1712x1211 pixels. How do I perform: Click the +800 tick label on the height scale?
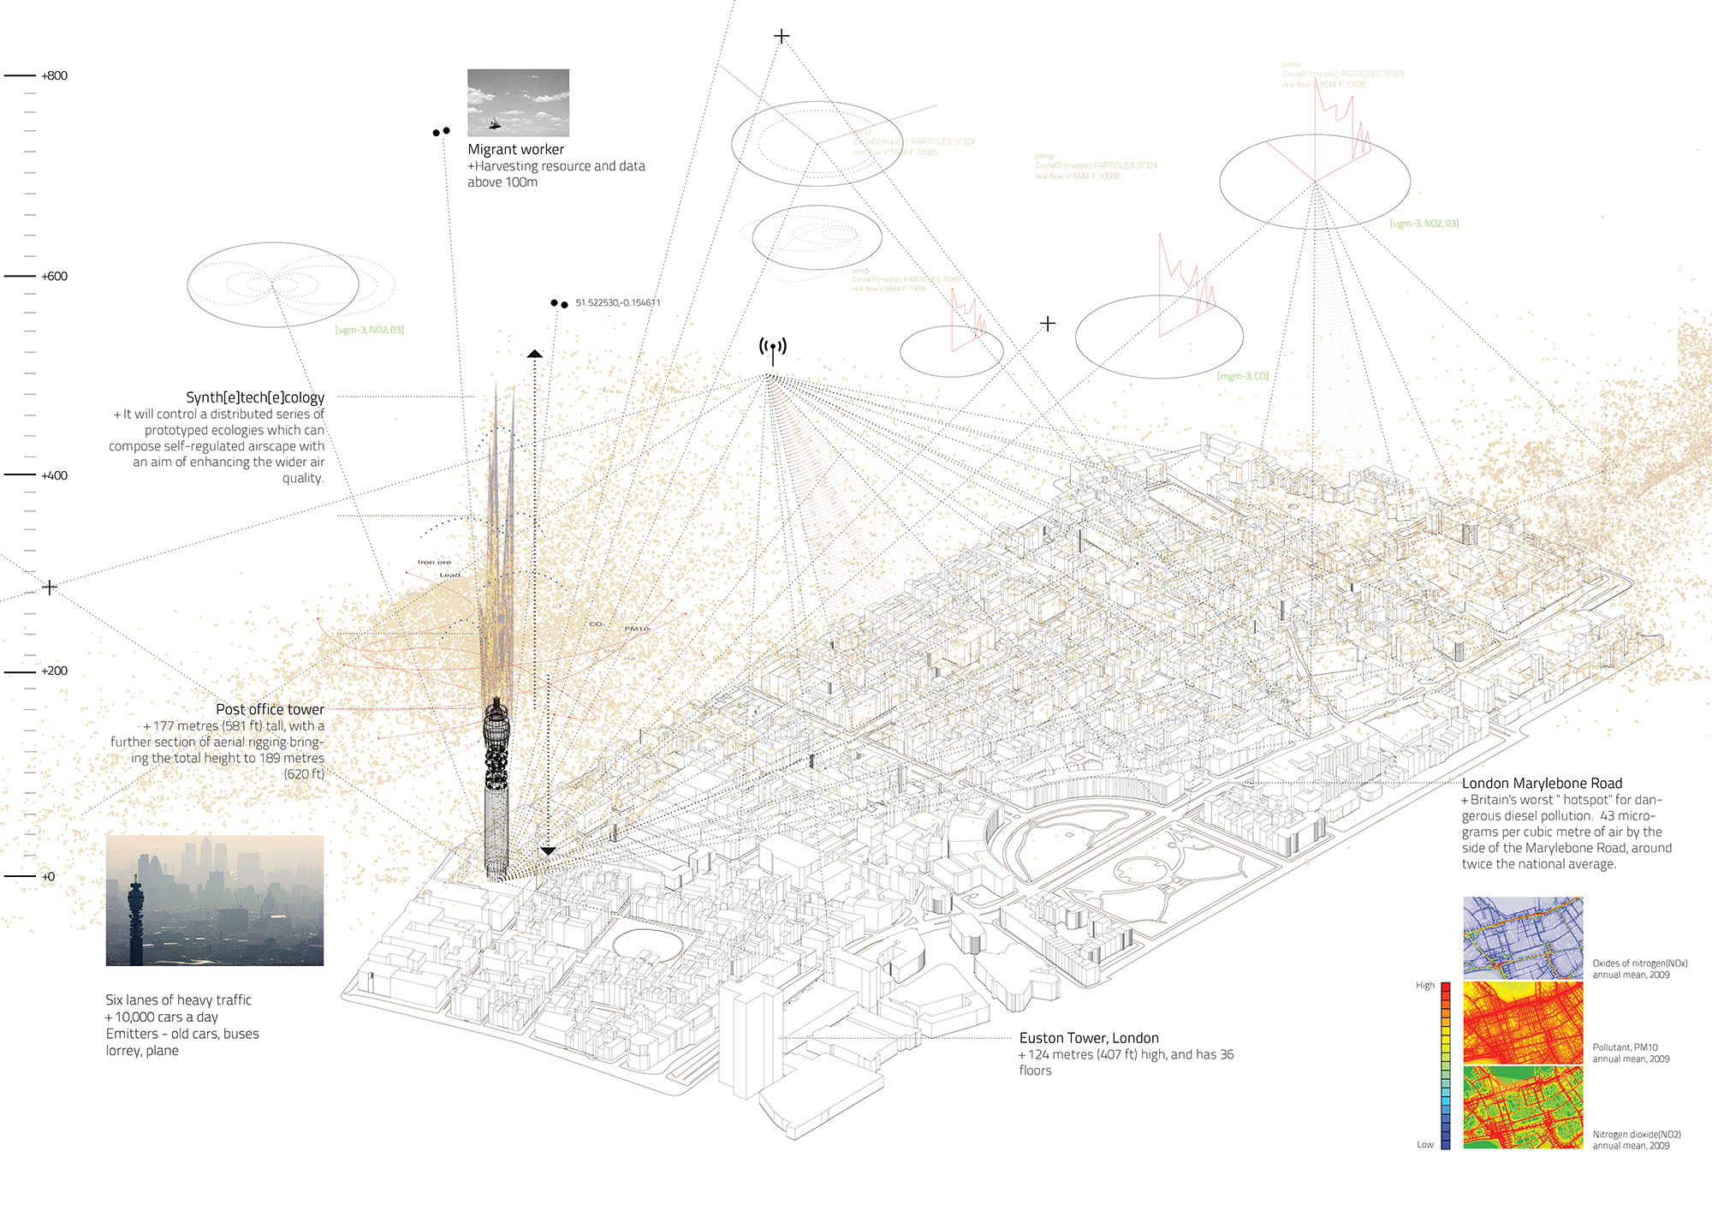[55, 76]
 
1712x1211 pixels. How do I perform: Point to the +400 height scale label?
[55, 476]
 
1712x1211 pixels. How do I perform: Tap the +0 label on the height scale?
[48, 877]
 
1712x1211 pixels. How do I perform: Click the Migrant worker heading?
[515, 150]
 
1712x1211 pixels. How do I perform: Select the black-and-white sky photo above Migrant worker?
[518, 103]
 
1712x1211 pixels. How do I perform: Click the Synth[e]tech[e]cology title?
[255, 397]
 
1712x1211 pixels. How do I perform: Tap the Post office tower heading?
[270, 710]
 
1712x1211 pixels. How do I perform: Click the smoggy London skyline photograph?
[215, 901]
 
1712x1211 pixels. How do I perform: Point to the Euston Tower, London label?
[1089, 1038]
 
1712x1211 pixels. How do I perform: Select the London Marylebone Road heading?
[1542, 784]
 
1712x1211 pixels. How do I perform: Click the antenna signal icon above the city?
[773, 349]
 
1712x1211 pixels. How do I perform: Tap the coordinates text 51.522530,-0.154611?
[618, 303]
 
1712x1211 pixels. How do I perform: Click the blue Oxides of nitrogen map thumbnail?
[1523, 938]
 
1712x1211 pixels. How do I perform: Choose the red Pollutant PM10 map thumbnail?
[1523, 1023]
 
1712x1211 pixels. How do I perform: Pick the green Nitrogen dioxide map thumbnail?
[1523, 1107]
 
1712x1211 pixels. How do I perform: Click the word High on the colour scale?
[1424, 986]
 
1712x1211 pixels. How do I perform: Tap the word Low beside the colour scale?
[1424, 1145]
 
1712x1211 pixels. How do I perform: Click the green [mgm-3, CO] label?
[1242, 377]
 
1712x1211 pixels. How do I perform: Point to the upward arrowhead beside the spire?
[535, 353]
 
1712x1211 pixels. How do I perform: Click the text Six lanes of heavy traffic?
[178, 1000]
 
